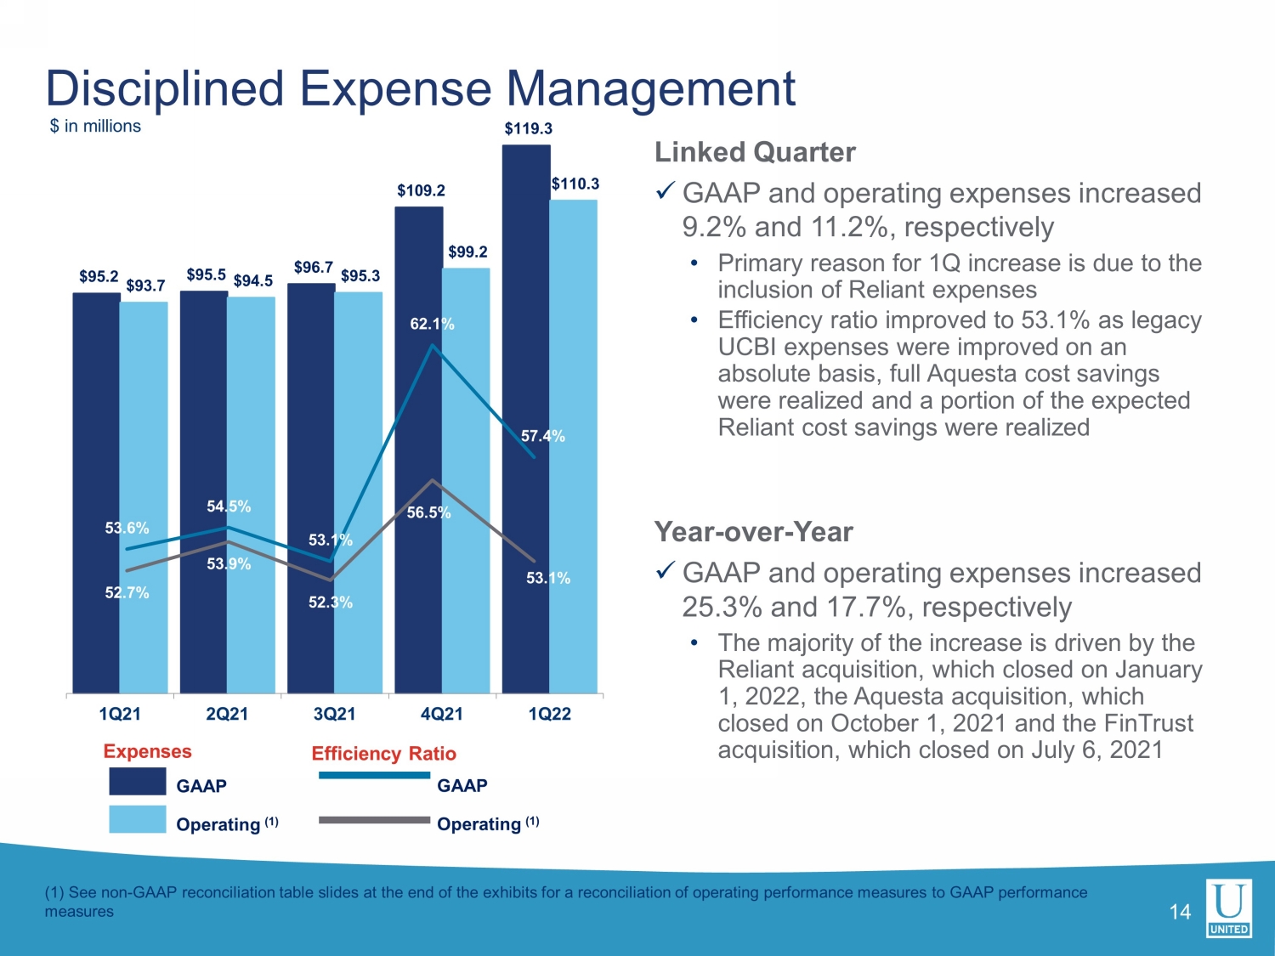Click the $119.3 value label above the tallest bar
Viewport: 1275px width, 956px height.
pos(528,128)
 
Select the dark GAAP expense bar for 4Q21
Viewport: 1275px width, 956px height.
pos(419,450)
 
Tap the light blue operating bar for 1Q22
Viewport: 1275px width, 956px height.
pos(573,446)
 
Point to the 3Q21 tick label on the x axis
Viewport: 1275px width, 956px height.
pos(334,713)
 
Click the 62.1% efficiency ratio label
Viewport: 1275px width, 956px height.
pos(432,324)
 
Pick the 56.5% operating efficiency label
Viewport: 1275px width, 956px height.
pos(428,512)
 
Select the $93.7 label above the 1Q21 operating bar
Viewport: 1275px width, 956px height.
pos(146,286)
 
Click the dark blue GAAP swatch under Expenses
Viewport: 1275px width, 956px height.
pos(138,781)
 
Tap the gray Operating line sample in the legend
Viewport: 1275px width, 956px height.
pos(375,820)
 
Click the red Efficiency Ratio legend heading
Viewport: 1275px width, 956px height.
pos(384,754)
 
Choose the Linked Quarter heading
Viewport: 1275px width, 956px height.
pos(755,153)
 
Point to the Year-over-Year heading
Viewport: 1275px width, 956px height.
pos(754,532)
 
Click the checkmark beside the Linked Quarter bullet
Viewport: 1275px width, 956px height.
pos(665,190)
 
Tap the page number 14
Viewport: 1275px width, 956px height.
pos(1180,912)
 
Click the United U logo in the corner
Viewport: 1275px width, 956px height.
pos(1229,908)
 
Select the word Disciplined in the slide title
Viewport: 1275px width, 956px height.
pos(164,89)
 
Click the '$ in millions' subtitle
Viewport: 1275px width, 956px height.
pos(95,126)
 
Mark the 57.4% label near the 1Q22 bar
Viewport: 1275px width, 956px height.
pos(542,436)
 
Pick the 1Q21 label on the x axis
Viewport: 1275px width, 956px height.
pos(120,713)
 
